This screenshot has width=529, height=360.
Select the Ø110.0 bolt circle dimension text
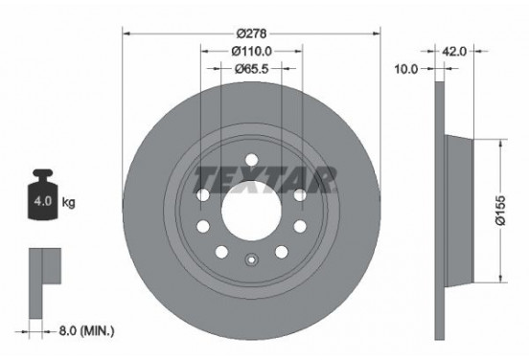point(251,51)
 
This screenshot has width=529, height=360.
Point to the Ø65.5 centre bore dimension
point(251,69)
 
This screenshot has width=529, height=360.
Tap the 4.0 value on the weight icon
point(43,203)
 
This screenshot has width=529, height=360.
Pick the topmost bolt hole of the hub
point(251,160)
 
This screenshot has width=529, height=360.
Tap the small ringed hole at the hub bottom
point(251,258)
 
